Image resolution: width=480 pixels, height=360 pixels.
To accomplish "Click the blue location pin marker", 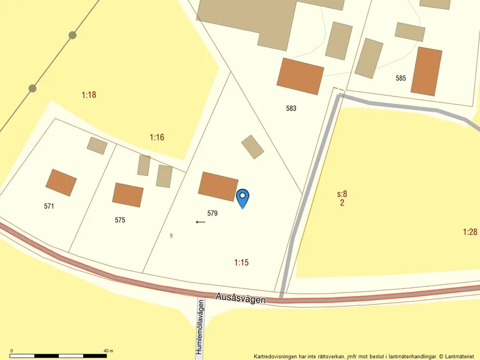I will pyautogui.click(x=243, y=197).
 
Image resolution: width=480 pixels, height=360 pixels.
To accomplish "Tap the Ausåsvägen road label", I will pyautogui.click(x=241, y=298).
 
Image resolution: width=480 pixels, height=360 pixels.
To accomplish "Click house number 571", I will pyautogui.click(x=49, y=206).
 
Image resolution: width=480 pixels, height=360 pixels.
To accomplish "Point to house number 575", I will pyautogui.click(x=120, y=220).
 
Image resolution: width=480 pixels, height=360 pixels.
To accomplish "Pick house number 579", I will pyautogui.click(x=212, y=213).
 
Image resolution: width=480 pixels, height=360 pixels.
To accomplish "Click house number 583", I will pyautogui.click(x=291, y=108).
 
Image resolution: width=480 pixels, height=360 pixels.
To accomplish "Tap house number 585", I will pyautogui.click(x=400, y=78).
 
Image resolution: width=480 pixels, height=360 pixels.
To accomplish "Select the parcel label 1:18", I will pyautogui.click(x=89, y=95).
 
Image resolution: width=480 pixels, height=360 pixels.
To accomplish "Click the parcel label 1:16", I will pyautogui.click(x=157, y=138).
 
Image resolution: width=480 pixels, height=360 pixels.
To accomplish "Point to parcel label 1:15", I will pyautogui.click(x=241, y=262).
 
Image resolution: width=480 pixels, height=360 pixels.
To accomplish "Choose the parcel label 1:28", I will pyautogui.click(x=470, y=232).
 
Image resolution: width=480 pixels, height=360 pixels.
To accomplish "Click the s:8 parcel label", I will pyautogui.click(x=342, y=194).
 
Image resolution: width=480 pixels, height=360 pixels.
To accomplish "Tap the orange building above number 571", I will pyautogui.click(x=61, y=183).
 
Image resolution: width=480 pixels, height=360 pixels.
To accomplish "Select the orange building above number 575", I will pyautogui.click(x=128, y=195).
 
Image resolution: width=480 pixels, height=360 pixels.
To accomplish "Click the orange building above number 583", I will pyautogui.click(x=300, y=76).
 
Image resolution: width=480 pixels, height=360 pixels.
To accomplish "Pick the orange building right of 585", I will pyautogui.click(x=426, y=72).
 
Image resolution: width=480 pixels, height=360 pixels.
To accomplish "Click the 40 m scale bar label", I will pyautogui.click(x=108, y=351).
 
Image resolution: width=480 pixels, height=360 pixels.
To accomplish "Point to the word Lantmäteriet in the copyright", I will pyautogui.click(x=461, y=357).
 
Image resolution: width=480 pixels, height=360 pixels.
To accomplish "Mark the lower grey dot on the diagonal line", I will pyautogui.click(x=33, y=88).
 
